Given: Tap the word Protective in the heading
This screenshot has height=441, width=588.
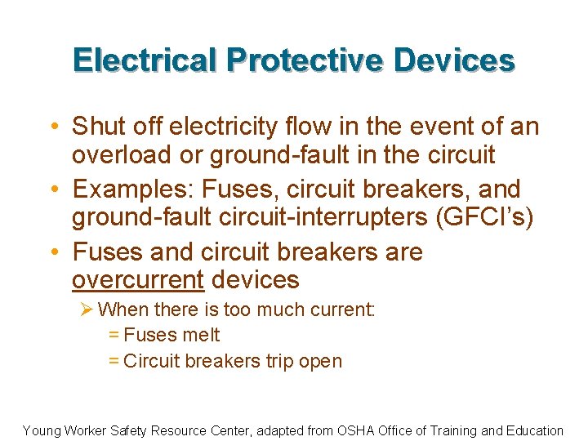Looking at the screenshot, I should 304,60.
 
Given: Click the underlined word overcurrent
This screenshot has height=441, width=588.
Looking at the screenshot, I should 137,280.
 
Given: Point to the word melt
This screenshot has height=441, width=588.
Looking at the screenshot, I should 201,335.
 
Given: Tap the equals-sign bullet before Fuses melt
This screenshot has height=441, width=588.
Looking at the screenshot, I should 114,335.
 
